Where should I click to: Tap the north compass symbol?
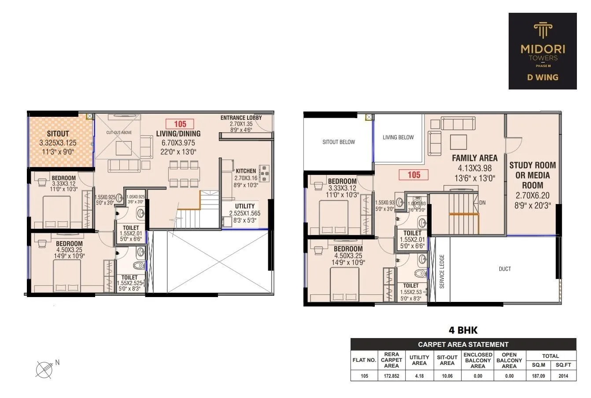44,368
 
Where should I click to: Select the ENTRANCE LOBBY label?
241,118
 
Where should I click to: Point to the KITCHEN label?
245,171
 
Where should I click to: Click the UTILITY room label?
244,206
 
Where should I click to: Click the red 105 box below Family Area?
414,175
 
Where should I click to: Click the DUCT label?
505,269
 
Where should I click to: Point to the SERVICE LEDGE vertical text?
442,272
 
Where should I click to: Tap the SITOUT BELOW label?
339,142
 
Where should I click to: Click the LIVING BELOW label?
398,138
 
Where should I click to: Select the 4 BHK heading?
463,330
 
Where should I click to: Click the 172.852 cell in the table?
391,376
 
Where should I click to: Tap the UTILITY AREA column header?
419,360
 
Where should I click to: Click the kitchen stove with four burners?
264,173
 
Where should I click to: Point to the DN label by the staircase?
482,203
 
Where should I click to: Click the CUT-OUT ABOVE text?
119,132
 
